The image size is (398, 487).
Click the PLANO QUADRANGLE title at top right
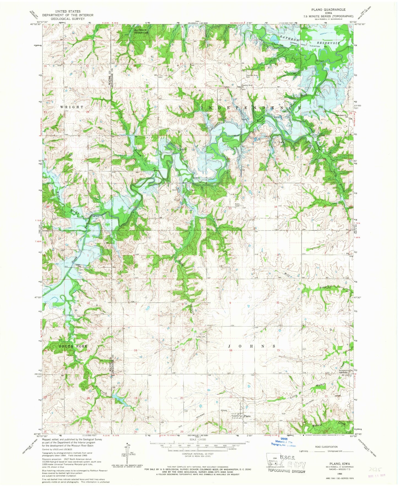pos(324,9)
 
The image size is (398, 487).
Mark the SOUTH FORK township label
pos(73,346)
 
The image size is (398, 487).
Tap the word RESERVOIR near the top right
pos(327,43)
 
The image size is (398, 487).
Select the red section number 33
pos(230,208)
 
